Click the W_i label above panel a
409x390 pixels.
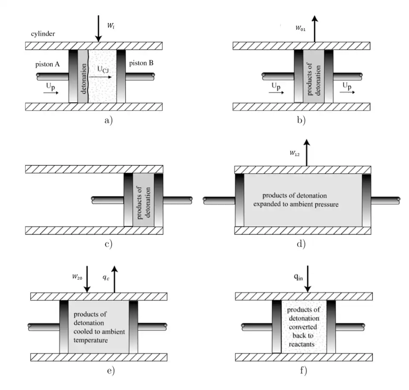click(x=111, y=26)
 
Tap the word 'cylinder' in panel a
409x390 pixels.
click(x=43, y=34)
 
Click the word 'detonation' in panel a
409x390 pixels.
click(x=83, y=76)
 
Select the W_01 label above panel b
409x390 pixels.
click(x=301, y=29)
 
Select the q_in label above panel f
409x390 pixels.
click(x=298, y=277)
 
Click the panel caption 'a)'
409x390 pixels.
click(x=109, y=120)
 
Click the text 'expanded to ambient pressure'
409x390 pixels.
click(x=296, y=204)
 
